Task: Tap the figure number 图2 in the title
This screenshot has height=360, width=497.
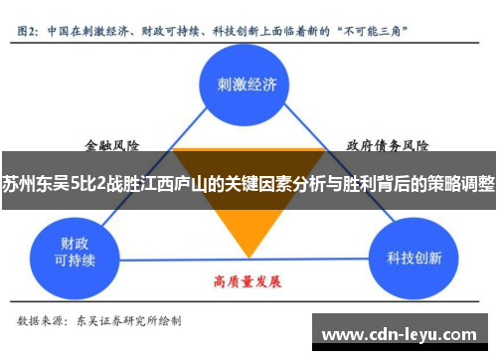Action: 29,30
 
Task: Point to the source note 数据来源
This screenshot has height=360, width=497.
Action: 41,321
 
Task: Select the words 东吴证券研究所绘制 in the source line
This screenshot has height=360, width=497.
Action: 134,321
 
